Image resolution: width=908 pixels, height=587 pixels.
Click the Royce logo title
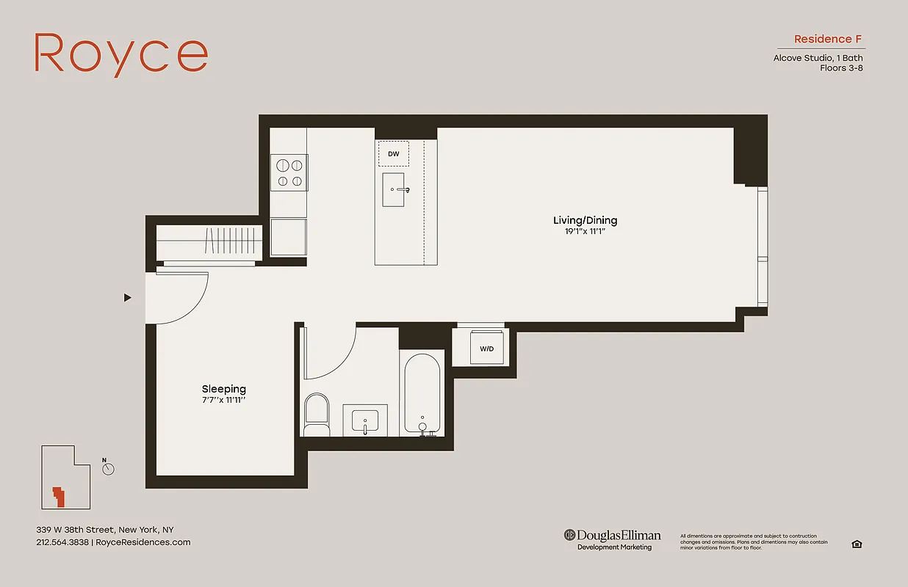tap(121, 54)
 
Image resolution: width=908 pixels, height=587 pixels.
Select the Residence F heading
tap(829, 39)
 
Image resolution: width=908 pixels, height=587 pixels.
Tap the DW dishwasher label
tap(394, 154)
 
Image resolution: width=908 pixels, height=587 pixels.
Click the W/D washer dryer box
tap(486, 349)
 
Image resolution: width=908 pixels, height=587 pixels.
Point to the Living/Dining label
tap(585, 220)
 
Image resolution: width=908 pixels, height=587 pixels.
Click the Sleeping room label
tap(224, 389)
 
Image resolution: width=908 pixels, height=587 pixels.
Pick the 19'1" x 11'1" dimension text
tap(585, 231)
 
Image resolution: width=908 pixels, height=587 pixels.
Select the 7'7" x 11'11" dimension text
tap(224, 401)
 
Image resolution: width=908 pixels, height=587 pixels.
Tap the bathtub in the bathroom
tap(422, 393)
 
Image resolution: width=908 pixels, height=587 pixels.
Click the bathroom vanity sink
tap(365, 421)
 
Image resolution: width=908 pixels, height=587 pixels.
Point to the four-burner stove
tap(289, 172)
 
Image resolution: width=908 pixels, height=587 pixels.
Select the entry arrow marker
tap(128, 298)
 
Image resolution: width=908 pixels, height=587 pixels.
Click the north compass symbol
tap(109, 468)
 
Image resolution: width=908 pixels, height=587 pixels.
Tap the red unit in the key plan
tap(57, 496)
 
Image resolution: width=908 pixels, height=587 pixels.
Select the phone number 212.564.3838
tap(62, 542)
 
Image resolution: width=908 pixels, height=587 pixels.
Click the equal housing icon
tap(857, 544)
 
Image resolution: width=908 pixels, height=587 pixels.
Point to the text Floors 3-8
tap(841, 68)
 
